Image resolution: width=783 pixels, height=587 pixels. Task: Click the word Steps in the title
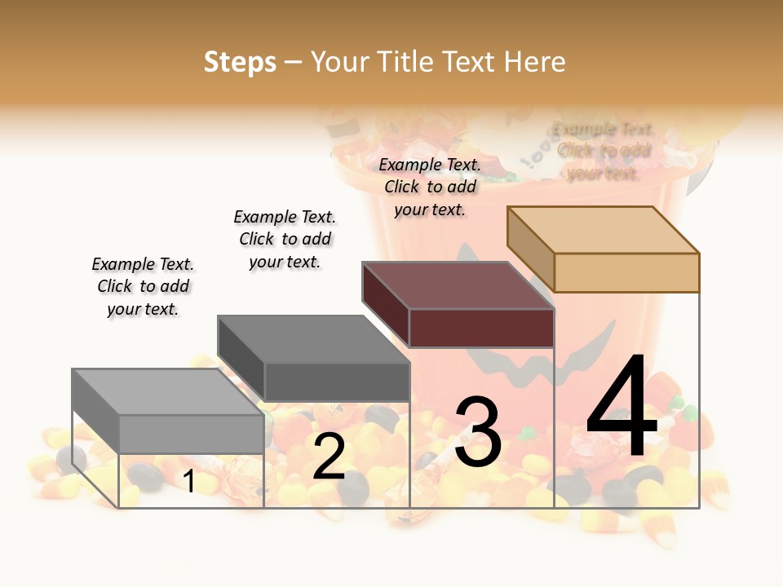pyautogui.click(x=239, y=62)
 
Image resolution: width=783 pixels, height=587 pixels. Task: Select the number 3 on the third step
pyautogui.click(x=478, y=432)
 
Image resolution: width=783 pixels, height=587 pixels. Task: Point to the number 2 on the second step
pyautogui.click(x=329, y=457)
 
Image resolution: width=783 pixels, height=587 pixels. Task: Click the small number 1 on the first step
pyautogui.click(x=189, y=482)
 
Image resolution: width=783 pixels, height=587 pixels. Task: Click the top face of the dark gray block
pyautogui.click(x=313, y=339)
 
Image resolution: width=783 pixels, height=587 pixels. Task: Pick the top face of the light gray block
pyautogui.click(x=167, y=392)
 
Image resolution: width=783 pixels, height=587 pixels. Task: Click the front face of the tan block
pyautogui.click(x=626, y=272)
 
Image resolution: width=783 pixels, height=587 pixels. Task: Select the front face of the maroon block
pyautogui.click(x=481, y=328)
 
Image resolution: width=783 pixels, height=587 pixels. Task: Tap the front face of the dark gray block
pyautogui.click(x=336, y=382)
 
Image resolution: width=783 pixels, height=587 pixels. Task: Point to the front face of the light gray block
pyautogui.click(x=191, y=434)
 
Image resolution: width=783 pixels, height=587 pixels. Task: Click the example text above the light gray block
pyautogui.click(x=143, y=286)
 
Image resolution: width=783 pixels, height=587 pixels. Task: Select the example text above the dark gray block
pyautogui.click(x=285, y=239)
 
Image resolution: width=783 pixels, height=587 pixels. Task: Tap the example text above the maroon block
pyautogui.click(x=430, y=187)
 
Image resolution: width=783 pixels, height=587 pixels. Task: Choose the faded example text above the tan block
pyautogui.click(x=604, y=151)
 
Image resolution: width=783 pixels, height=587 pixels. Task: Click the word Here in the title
pyautogui.click(x=535, y=62)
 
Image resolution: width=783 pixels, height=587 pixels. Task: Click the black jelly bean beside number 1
pyautogui.click(x=142, y=474)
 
